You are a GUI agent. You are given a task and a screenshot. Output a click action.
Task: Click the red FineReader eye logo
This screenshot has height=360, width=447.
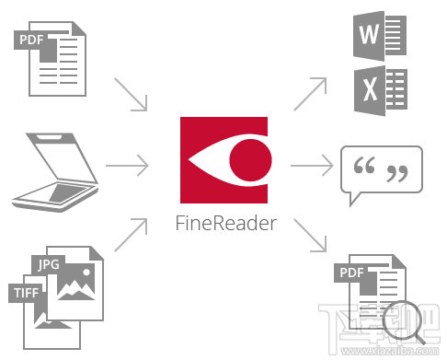[x=224, y=161]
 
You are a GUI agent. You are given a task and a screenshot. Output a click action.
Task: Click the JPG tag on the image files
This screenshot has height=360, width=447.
[x=49, y=264]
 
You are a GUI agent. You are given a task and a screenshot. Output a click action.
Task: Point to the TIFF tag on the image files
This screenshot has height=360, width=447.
[x=26, y=293]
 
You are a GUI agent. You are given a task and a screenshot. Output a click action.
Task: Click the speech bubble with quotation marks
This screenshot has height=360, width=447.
[x=383, y=171]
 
